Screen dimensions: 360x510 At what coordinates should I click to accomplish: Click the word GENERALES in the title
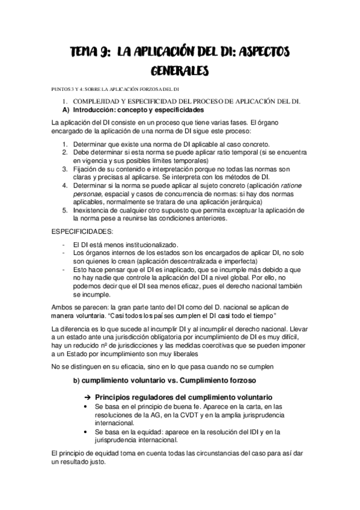point(180,72)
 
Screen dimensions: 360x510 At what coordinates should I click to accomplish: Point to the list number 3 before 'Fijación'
point(65,170)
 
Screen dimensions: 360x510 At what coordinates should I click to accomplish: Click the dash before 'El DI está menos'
point(64,245)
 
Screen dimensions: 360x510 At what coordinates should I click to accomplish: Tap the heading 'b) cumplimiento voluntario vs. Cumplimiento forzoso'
point(164,382)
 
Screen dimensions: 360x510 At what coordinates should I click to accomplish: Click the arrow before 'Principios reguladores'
point(87,398)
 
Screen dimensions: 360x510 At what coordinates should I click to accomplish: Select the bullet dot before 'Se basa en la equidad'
point(88,432)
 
